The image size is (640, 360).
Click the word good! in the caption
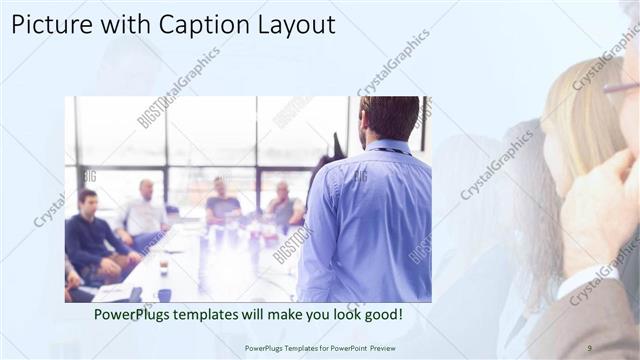click(x=382, y=315)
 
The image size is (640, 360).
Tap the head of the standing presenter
click(x=390, y=118)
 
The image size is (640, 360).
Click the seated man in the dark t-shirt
click(x=222, y=205)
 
